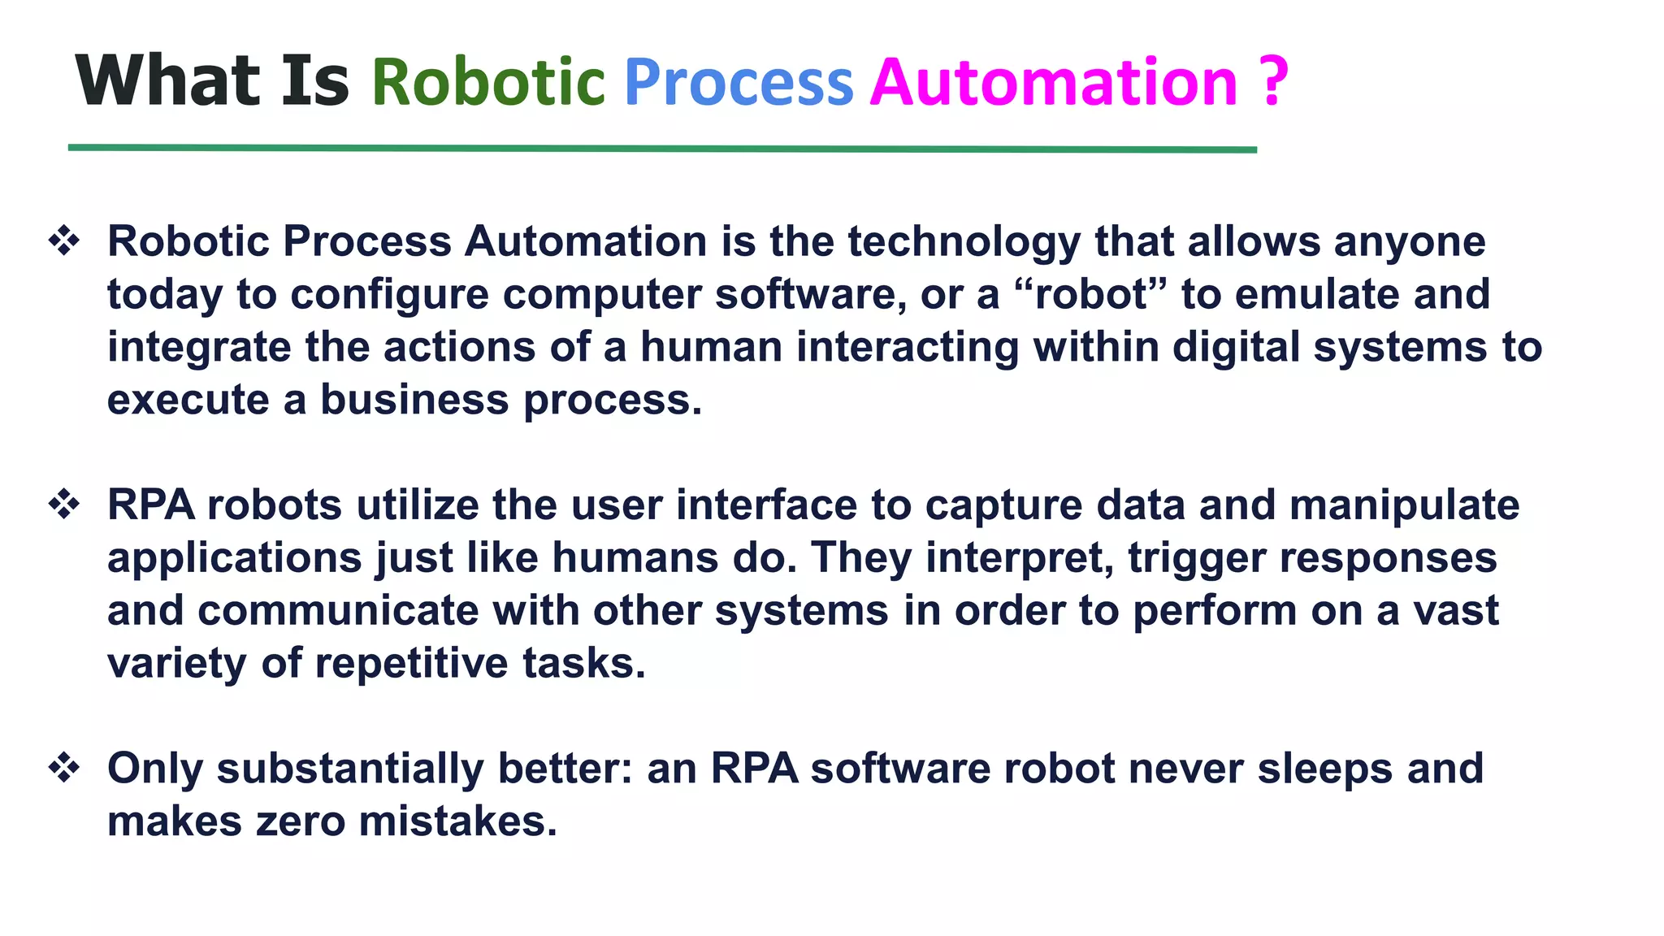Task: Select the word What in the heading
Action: (x=167, y=80)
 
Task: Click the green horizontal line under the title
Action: (x=662, y=149)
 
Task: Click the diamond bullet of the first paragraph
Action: (x=64, y=241)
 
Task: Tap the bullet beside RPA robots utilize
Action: (x=64, y=505)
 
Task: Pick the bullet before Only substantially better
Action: (x=64, y=768)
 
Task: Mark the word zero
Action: (x=301, y=821)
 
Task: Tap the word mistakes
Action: (x=457, y=821)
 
